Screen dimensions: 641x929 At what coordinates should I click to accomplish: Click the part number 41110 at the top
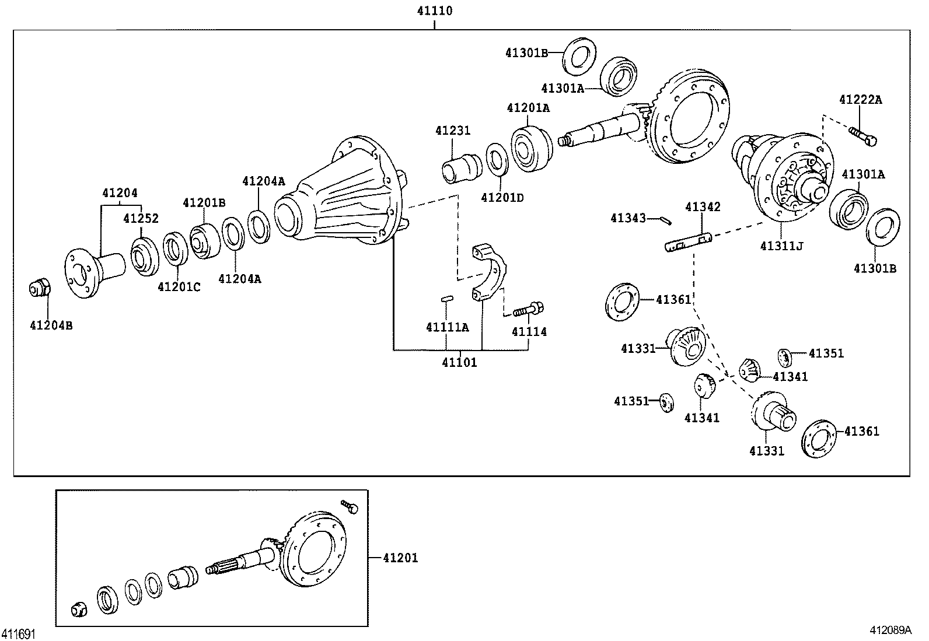[435, 10]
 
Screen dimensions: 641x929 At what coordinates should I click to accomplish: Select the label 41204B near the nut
[51, 325]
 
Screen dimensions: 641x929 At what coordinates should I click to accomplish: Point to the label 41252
[141, 218]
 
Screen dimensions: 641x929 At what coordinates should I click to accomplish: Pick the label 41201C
[179, 287]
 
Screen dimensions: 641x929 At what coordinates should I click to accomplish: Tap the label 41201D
[502, 198]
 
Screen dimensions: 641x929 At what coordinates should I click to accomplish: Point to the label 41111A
[447, 327]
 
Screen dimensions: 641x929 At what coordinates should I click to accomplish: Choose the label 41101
[459, 362]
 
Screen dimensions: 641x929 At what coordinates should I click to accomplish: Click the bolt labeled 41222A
[863, 135]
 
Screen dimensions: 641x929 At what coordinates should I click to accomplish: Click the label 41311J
[781, 246]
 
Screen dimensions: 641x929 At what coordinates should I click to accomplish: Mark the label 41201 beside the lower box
[400, 558]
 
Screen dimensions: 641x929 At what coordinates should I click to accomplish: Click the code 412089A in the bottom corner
[890, 631]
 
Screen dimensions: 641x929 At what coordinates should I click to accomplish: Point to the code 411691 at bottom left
[19, 633]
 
